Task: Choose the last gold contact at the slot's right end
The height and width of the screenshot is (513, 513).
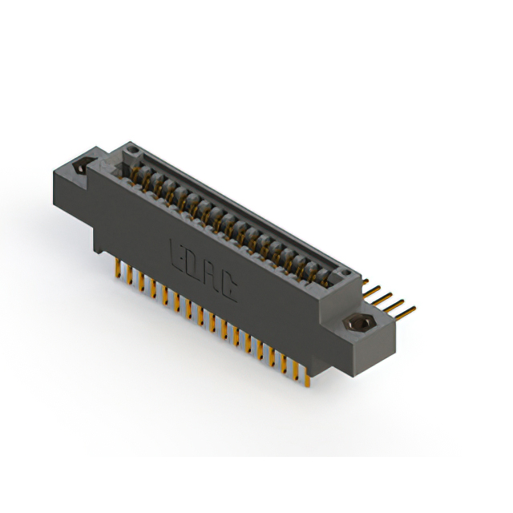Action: (325, 277)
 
